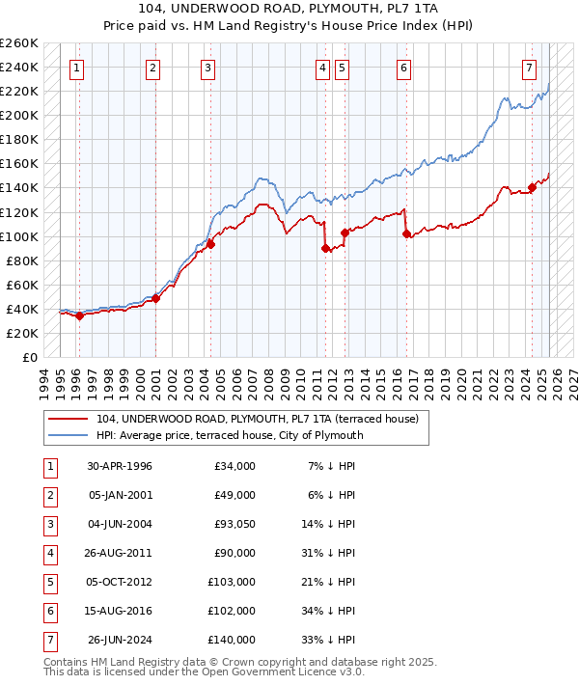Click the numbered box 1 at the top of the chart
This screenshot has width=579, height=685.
click(76, 68)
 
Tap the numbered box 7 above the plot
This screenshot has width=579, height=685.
click(530, 68)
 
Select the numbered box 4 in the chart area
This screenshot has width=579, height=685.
click(322, 68)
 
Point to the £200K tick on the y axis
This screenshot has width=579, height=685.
click(19, 115)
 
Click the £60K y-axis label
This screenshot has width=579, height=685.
click(22, 285)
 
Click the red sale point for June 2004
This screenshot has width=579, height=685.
click(210, 244)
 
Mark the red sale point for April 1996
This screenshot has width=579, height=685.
click(80, 315)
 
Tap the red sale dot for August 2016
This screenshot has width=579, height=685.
click(406, 233)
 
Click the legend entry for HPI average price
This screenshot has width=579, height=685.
click(229, 435)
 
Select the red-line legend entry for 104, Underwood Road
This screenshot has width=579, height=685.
click(257, 420)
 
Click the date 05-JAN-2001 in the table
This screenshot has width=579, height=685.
click(120, 495)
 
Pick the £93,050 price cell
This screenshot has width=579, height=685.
click(231, 525)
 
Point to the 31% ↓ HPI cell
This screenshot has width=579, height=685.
click(330, 554)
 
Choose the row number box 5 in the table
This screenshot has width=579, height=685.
click(49, 583)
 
